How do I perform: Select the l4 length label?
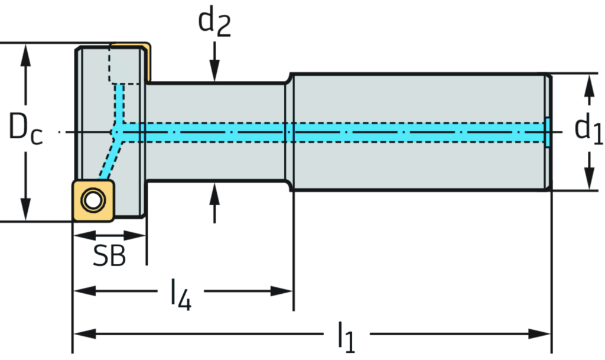[x=180, y=291]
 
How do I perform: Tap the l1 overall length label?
[x=346, y=334]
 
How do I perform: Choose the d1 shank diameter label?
[x=588, y=129]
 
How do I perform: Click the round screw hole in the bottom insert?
[x=92, y=200]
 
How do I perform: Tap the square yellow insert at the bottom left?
[x=93, y=200]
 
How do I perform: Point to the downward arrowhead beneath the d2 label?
[x=214, y=73]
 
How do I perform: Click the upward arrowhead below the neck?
[x=214, y=190]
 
